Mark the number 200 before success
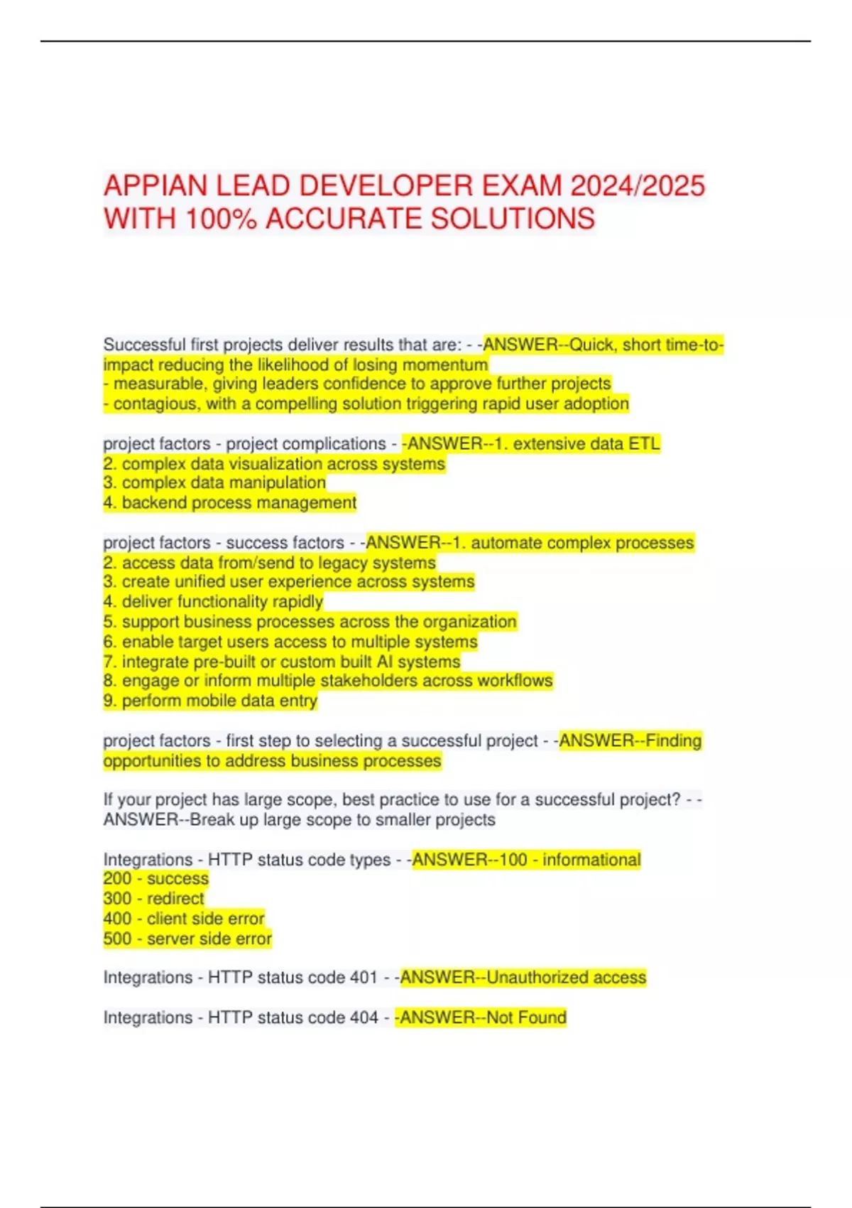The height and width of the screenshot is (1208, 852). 117,879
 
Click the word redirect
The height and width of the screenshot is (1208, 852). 175,899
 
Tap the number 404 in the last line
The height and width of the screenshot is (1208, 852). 364,1018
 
